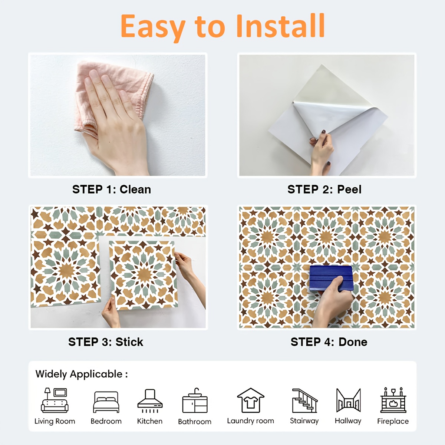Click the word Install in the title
[281, 26]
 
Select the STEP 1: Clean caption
[112, 189]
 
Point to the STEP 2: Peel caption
[324, 189]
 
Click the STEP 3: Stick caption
[106, 342]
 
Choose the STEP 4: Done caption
[329, 342]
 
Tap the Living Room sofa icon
[55, 400]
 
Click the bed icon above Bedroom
[106, 402]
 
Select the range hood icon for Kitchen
[150, 401]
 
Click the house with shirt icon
[251, 400]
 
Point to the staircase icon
[304, 400]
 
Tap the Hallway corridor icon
[349, 400]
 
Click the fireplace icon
[393, 400]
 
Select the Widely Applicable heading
[82, 374]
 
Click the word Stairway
[304, 421]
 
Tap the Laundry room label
[251, 421]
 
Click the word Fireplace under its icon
[393, 421]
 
